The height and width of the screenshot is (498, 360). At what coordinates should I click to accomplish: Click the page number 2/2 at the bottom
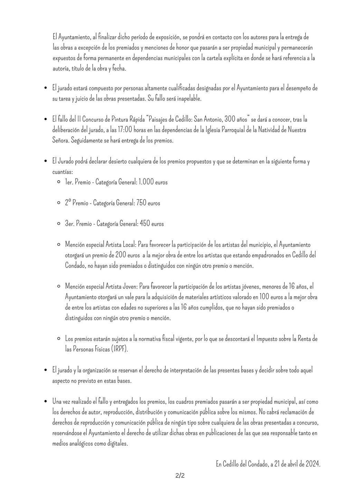click(180, 476)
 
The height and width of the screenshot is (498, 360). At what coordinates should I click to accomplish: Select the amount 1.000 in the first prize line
click(146, 182)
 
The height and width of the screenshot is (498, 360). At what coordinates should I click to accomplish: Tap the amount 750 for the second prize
click(141, 203)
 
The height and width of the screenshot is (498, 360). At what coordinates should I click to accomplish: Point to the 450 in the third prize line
click(145, 224)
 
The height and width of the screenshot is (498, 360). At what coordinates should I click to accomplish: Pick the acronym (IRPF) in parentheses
click(120, 349)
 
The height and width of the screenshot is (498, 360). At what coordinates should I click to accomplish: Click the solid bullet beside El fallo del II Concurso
click(45, 120)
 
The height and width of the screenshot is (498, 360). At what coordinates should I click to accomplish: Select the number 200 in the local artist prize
click(121, 255)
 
